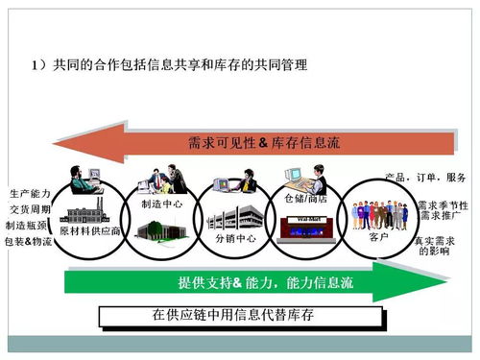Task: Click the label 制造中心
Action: (x=162, y=204)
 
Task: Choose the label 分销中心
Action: (x=234, y=236)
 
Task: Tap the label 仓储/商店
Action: (x=306, y=199)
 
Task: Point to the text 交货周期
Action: (x=30, y=208)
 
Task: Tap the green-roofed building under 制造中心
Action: (x=159, y=228)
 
